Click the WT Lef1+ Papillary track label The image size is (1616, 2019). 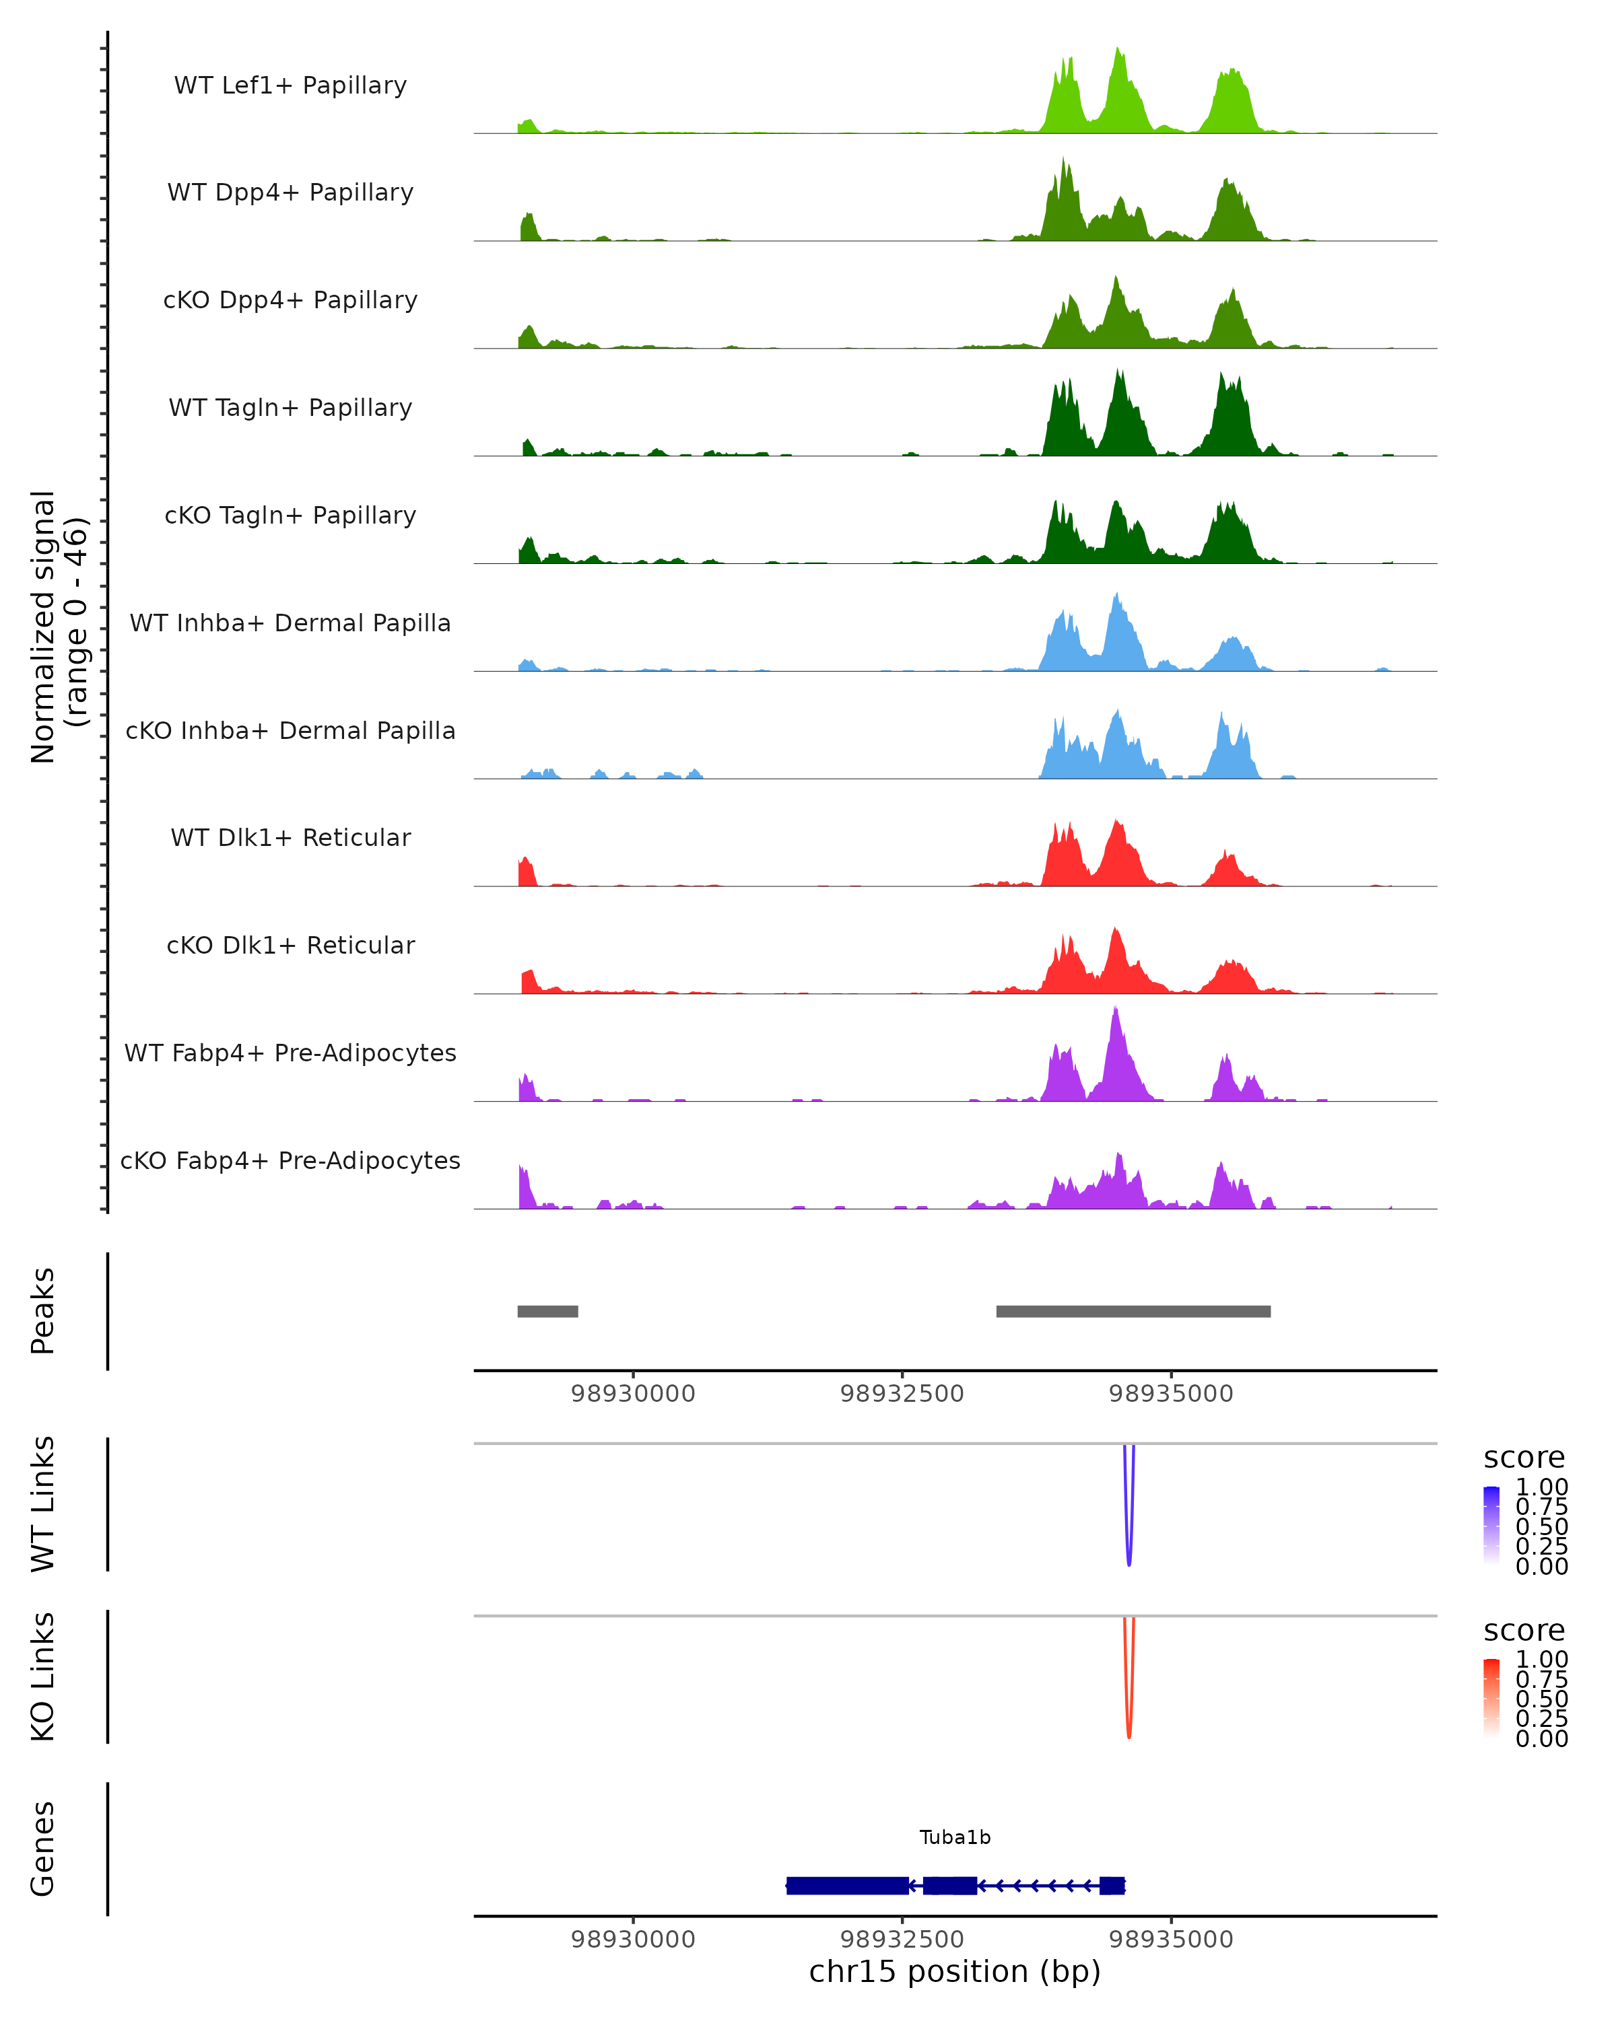(x=290, y=85)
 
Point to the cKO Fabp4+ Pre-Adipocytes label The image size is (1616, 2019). (x=290, y=1160)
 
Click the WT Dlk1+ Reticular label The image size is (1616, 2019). (x=290, y=837)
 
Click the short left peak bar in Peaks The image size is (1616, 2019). (x=547, y=1311)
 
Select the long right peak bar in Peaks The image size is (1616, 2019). (x=1133, y=1311)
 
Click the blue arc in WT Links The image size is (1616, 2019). (x=1129, y=1536)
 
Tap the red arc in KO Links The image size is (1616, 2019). (x=1129, y=1708)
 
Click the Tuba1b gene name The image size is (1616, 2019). (x=955, y=1837)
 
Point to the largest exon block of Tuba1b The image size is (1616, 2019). (x=847, y=1885)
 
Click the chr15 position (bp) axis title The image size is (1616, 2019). (x=955, y=1972)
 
